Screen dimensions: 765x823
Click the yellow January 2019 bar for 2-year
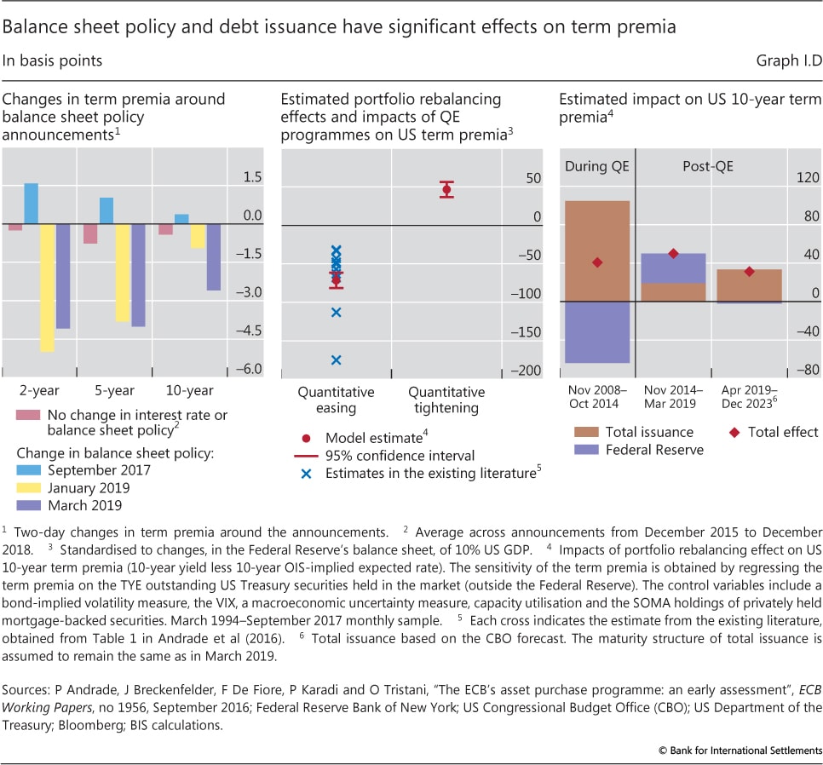point(47,288)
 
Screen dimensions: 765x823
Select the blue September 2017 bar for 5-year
point(106,210)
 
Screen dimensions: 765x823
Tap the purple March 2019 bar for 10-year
point(214,256)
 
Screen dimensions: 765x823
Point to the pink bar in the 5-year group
point(90,233)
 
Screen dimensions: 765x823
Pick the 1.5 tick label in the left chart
point(252,177)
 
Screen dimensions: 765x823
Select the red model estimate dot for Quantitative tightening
point(446,189)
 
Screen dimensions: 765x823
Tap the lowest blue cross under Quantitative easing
point(336,360)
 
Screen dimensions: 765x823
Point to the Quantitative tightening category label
point(446,400)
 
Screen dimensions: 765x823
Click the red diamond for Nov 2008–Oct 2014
point(597,262)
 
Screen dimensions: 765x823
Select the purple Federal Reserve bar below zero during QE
point(597,332)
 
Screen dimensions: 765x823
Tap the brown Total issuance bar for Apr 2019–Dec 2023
point(749,285)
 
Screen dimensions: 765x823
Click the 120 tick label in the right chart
point(806,179)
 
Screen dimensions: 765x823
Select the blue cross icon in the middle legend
point(306,473)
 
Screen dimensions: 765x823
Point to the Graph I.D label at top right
point(787,60)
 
